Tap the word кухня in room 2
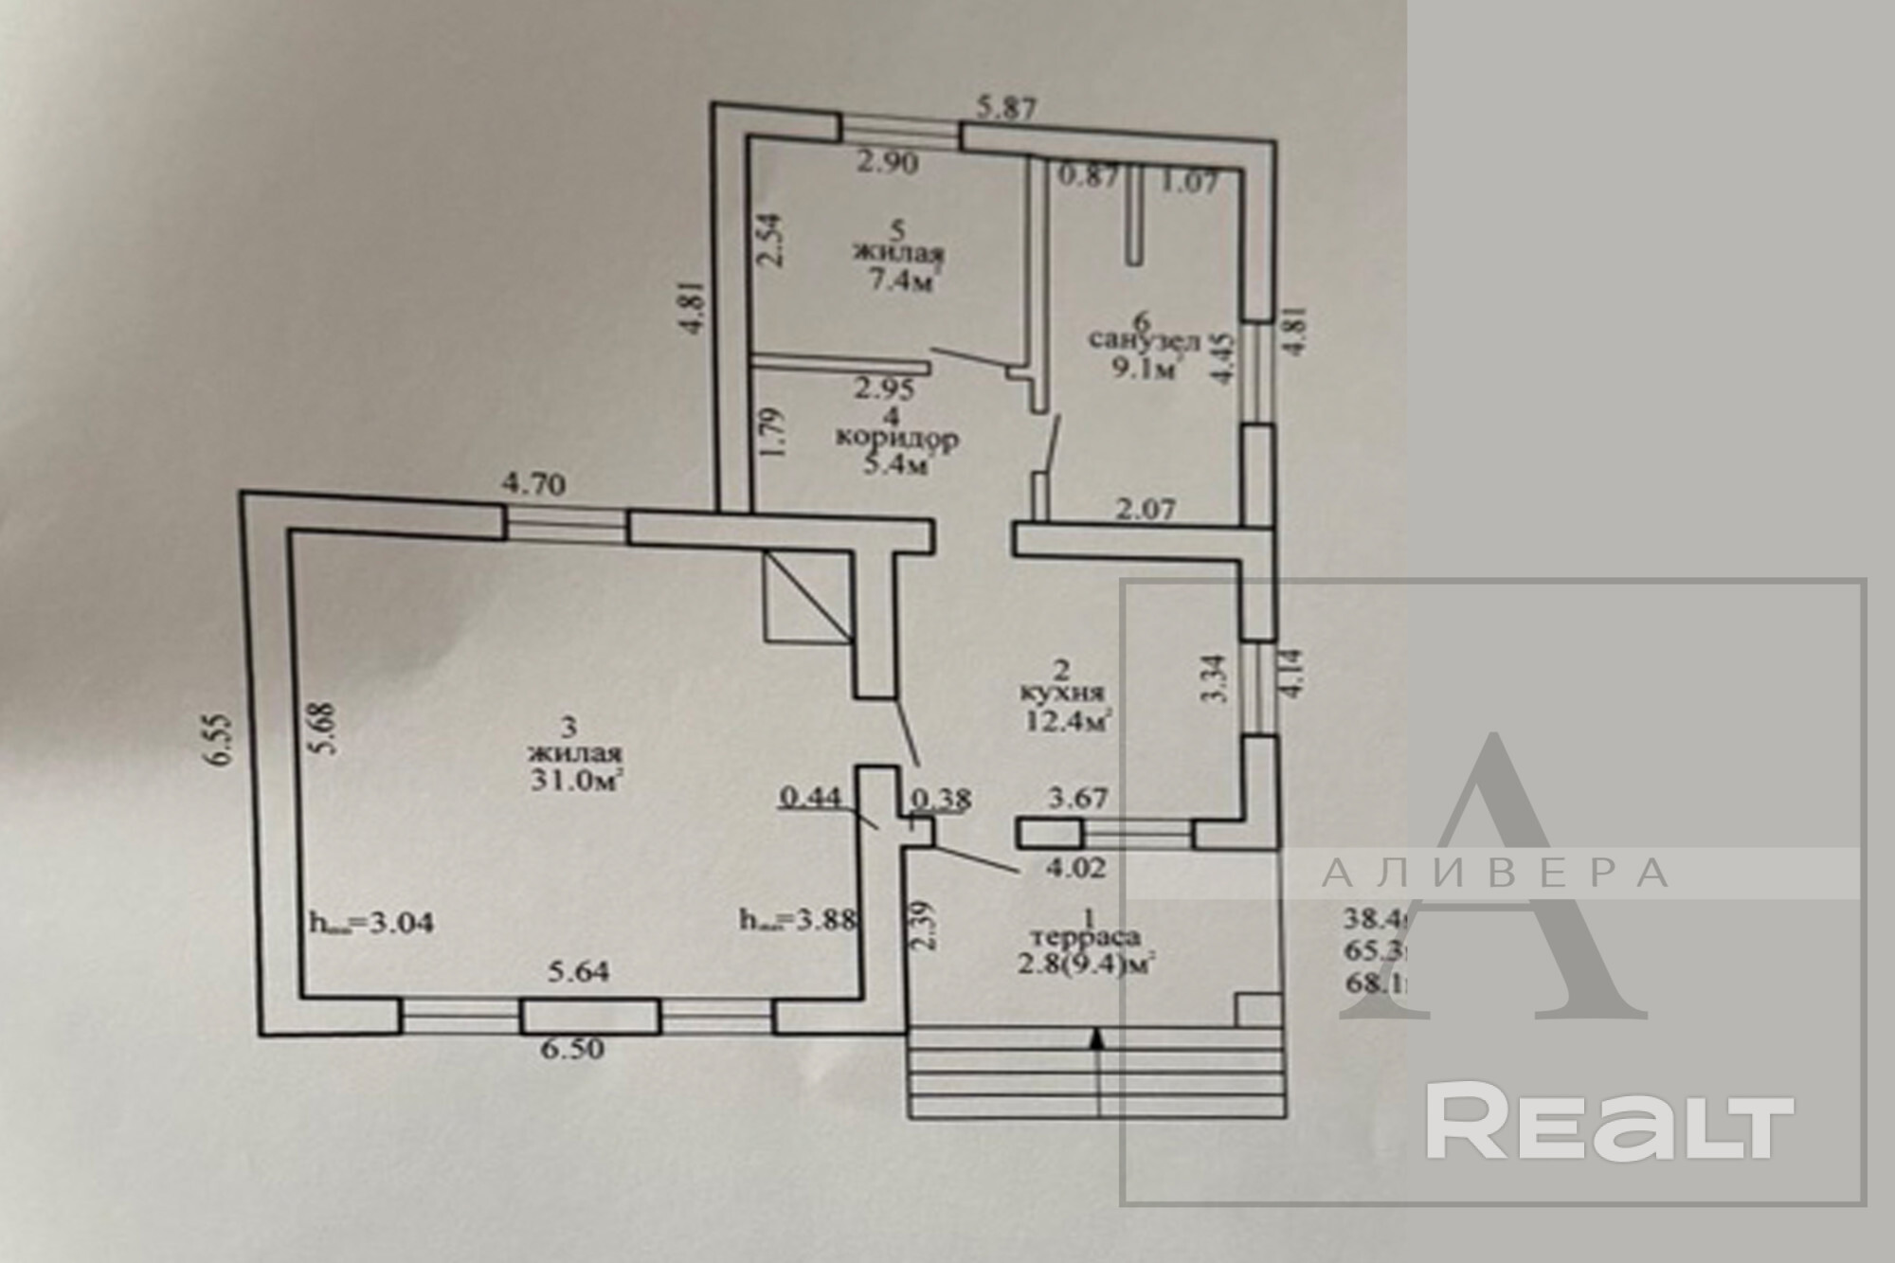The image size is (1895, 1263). pyautogui.click(x=1062, y=693)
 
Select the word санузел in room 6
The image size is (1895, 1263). pyautogui.click(x=1146, y=339)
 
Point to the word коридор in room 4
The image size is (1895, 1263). pyautogui.click(x=896, y=439)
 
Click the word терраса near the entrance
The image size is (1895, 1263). pyautogui.click(x=1090, y=936)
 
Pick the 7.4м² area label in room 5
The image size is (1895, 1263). pyautogui.click(x=896, y=280)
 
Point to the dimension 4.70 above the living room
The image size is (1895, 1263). pyautogui.click(x=534, y=486)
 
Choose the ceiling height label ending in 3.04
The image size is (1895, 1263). pyautogui.click(x=371, y=922)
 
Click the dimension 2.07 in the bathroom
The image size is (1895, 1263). pyautogui.click(x=1146, y=510)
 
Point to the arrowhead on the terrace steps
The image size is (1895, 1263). pyautogui.click(x=1097, y=1039)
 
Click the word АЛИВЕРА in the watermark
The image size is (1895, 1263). pyautogui.click(x=1494, y=874)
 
